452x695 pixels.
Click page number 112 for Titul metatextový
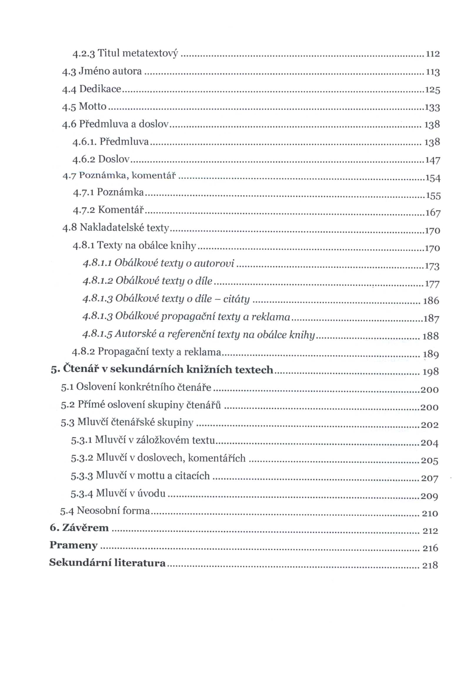tap(433, 54)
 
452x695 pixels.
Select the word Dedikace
tap(100, 89)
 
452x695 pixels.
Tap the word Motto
tap(93, 106)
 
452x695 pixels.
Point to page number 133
tap(432, 108)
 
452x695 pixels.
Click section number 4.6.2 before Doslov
tap(84, 160)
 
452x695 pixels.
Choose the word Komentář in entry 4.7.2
tap(121, 210)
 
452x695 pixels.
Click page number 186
tap(431, 301)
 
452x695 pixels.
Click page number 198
tap(431, 372)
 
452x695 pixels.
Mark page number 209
tap(429, 496)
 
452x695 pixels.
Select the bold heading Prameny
tap(74, 545)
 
